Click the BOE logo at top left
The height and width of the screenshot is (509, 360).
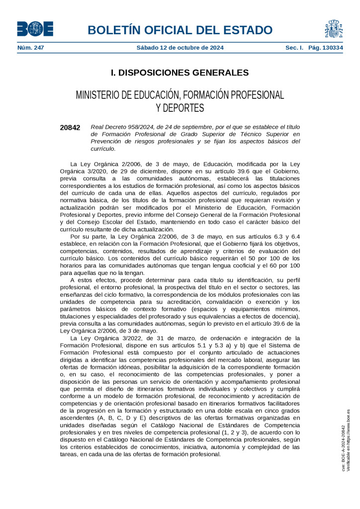[35, 29]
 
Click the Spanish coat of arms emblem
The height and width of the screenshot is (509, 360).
[334, 29]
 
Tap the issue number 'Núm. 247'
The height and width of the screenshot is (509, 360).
[30, 48]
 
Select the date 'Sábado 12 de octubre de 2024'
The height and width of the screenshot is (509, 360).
[180, 48]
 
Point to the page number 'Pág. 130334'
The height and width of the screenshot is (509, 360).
[325, 48]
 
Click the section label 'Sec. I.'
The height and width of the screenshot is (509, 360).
[294, 48]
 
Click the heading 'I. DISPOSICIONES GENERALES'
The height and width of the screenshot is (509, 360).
[180, 73]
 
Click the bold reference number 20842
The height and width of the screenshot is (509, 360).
[70, 128]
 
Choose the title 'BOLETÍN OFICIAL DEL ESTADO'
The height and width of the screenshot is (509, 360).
[180, 30]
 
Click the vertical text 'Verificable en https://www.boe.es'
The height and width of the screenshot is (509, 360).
[349, 440]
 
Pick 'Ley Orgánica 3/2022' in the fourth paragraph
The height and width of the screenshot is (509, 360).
[109, 338]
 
